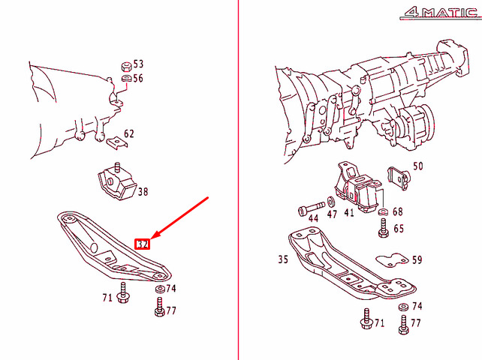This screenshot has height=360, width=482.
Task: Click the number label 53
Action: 138,64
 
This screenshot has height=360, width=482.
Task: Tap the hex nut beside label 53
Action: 125,64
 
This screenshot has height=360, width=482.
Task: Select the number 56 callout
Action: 138,78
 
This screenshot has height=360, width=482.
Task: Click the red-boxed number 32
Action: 143,243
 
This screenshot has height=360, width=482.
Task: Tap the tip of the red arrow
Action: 153,236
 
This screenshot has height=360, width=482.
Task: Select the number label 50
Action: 418,166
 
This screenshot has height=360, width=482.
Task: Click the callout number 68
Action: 398,212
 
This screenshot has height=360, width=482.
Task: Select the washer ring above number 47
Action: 331,203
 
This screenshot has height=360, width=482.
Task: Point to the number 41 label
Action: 349,213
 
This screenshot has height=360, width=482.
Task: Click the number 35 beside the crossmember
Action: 282,261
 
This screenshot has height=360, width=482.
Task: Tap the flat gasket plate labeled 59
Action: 390,260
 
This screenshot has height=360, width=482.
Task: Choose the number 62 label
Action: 129,133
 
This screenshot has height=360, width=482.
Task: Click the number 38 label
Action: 143,192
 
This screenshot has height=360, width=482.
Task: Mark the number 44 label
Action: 313,217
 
